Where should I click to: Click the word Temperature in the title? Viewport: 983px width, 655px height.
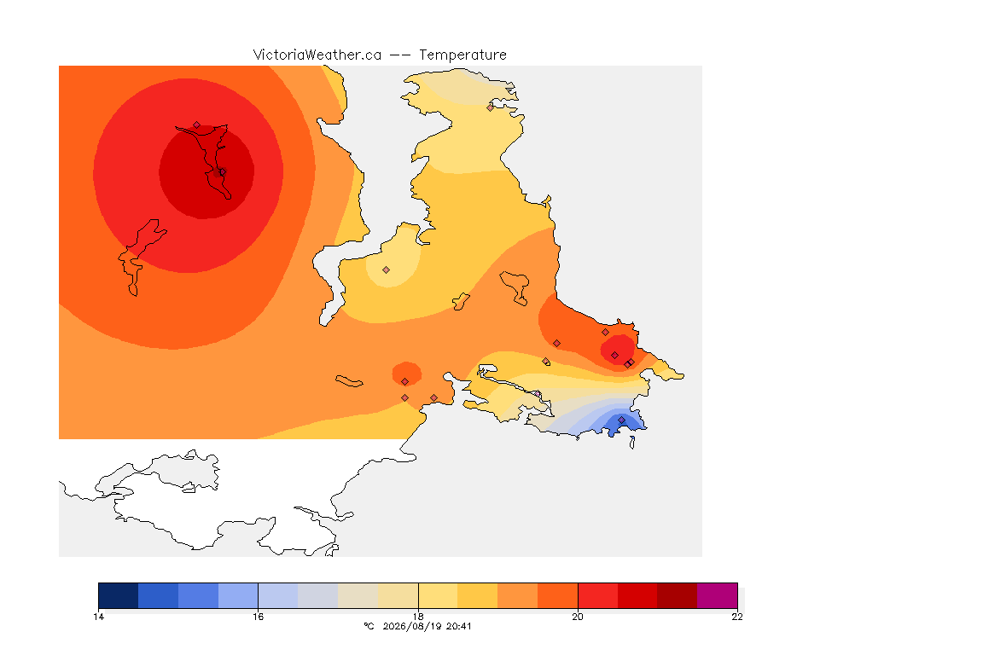462,55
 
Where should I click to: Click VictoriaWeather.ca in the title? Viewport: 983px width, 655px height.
317,55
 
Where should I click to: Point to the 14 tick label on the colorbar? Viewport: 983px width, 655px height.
98,617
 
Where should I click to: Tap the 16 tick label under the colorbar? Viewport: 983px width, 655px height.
259,617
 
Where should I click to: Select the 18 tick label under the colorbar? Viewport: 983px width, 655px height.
418,617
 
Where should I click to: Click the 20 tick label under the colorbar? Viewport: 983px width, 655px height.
578,617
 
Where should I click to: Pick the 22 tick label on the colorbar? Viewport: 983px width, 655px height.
737,617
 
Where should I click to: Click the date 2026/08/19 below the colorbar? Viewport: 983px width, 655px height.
411,626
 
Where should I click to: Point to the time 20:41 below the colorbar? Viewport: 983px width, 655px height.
458,626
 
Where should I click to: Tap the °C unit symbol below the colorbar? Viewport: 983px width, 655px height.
369,626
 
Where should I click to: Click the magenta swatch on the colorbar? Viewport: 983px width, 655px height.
717,595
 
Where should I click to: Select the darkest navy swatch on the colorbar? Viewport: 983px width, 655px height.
119,595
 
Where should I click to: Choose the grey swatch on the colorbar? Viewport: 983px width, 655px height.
317,595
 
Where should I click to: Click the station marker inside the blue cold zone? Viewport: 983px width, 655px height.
621,420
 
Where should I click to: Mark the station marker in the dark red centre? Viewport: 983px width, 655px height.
223,171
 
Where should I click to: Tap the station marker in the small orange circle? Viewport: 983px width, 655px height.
405,382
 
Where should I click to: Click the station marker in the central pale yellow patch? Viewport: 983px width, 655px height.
387,270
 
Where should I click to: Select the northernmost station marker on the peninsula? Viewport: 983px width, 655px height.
491,107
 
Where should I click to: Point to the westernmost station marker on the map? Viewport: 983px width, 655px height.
197,125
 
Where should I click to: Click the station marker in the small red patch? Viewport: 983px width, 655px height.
615,356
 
